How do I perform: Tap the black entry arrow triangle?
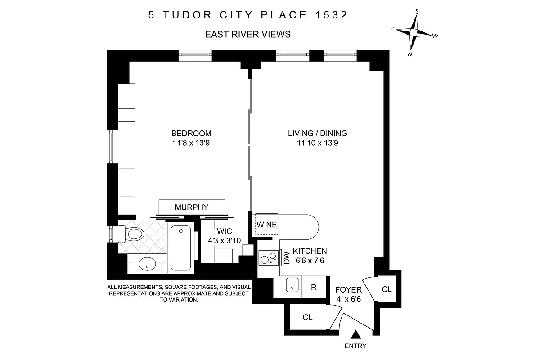point(356,335)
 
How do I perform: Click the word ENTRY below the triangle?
point(355,346)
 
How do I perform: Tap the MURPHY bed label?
point(192,207)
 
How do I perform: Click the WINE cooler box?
point(266,224)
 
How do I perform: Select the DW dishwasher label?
point(287,258)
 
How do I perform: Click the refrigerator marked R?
point(315,287)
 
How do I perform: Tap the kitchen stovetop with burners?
point(269,259)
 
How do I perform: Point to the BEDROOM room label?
point(191,134)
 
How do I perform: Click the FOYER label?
point(349,290)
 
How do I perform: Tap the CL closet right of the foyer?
point(387,289)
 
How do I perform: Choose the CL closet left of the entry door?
point(307,317)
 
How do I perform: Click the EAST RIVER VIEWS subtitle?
point(247,34)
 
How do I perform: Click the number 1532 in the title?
point(330,15)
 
